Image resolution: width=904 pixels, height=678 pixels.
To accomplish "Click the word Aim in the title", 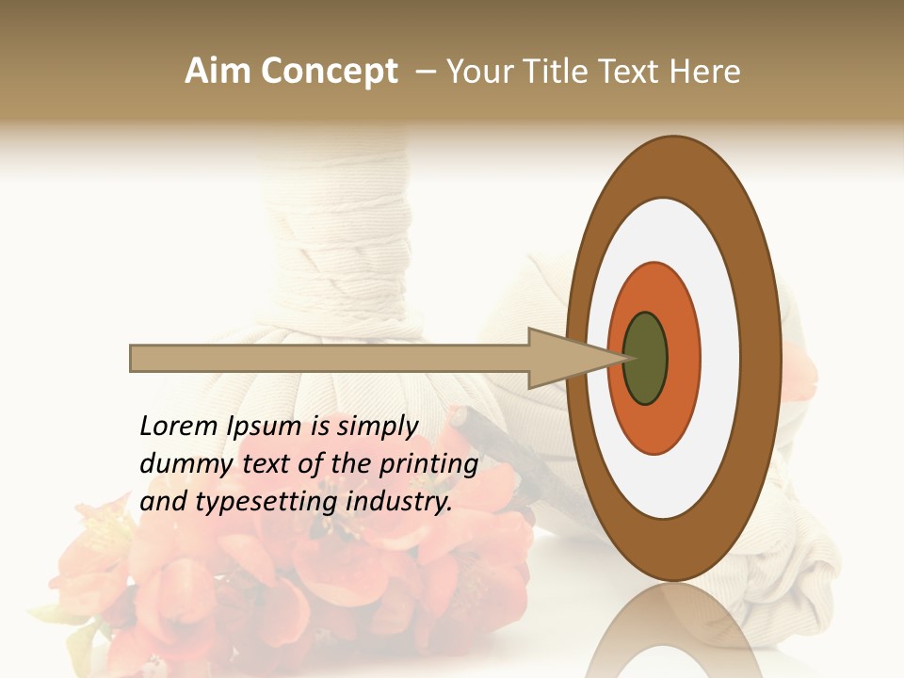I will pyautogui.click(x=218, y=72).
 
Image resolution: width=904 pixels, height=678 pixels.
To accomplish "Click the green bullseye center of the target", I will pyautogui.click(x=645, y=358).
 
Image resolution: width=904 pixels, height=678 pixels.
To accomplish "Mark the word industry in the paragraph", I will pyautogui.click(x=399, y=502).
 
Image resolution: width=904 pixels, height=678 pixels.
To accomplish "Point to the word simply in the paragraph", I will pyautogui.click(x=377, y=428).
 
